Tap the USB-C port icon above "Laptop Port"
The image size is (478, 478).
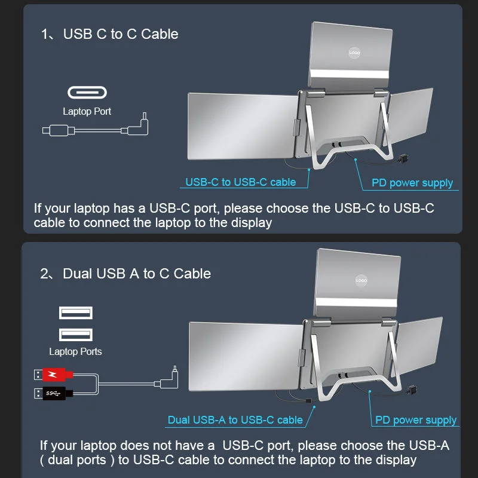[87, 93]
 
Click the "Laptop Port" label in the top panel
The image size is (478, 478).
[87, 111]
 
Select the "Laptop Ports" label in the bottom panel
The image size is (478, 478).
[75, 351]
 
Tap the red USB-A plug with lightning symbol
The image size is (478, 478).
[54, 375]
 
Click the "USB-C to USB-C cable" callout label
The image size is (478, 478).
[240, 182]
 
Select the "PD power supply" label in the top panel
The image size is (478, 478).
[412, 183]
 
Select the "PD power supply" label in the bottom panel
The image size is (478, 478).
[416, 420]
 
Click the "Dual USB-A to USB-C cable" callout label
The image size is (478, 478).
[235, 420]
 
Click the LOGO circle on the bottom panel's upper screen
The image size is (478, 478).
[361, 280]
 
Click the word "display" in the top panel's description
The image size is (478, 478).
[251, 223]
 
